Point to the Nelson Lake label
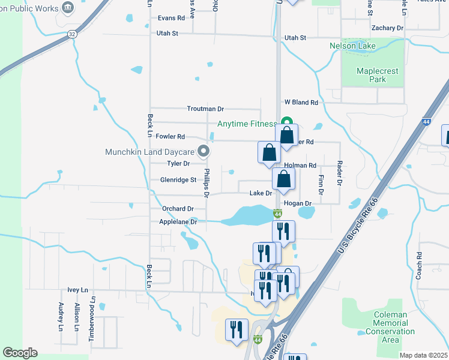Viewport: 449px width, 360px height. [x=352, y=46]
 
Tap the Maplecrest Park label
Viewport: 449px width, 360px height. [x=377, y=75]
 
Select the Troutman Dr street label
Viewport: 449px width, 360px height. [x=205, y=109]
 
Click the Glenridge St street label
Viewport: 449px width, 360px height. [x=178, y=179]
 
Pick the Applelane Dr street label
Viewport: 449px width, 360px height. [x=178, y=221]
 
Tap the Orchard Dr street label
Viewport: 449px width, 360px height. [x=178, y=208]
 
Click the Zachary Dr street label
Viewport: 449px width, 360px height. [x=387, y=28]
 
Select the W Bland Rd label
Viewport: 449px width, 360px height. [x=301, y=103]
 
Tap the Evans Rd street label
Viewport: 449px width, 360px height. [x=171, y=18]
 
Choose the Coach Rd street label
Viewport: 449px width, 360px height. [x=419, y=264]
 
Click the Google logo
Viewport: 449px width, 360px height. [x=20, y=353]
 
